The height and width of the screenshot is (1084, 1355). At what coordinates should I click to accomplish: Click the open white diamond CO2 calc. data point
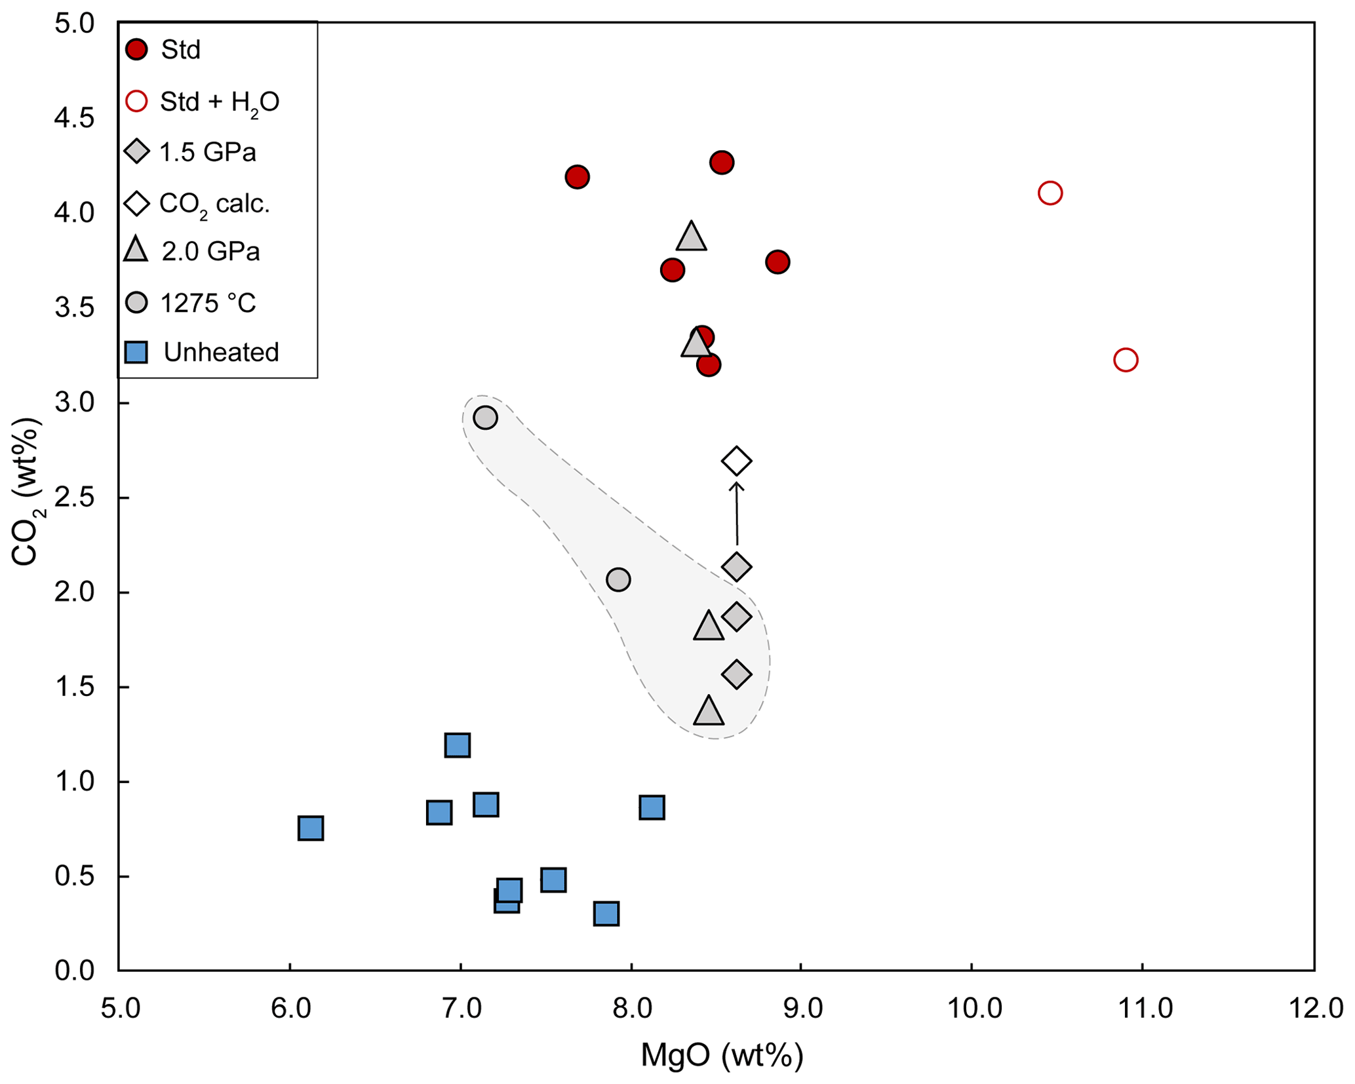736,461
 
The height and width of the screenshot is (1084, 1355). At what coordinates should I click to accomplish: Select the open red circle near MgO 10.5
1050,193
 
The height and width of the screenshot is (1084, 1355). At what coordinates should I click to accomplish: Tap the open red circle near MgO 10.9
1126,360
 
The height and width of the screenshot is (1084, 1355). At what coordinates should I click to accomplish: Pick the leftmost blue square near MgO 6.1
311,828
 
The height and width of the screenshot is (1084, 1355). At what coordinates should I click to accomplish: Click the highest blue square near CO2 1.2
457,745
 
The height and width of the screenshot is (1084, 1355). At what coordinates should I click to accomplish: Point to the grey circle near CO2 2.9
485,417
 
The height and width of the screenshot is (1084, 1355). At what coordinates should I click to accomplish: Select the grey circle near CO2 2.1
618,579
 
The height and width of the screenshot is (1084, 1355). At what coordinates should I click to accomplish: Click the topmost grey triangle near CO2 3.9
691,237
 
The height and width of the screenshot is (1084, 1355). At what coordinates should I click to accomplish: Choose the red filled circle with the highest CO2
722,163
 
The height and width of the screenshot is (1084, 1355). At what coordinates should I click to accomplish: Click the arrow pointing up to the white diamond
737,514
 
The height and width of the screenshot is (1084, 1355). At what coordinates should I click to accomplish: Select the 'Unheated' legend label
221,353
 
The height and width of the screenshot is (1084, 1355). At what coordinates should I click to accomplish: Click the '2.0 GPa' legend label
210,252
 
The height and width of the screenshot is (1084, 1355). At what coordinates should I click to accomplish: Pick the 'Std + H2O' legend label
220,102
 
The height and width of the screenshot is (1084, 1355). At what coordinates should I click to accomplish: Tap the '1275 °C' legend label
208,303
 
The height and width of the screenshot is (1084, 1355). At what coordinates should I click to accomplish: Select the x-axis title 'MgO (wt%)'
722,1056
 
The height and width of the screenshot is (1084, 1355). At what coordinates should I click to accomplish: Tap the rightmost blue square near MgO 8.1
652,807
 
